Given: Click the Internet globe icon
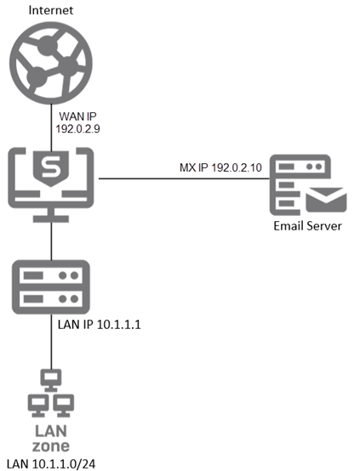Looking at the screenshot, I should (x=52, y=60).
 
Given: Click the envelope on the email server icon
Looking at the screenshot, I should (x=327, y=201).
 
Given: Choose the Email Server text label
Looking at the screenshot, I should (x=308, y=227).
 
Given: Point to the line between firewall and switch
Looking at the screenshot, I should (x=52, y=242).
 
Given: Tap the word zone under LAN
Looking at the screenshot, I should (x=51, y=445).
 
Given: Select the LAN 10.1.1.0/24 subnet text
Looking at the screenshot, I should (x=51, y=463).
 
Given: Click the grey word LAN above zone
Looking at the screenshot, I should (x=51, y=429).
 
